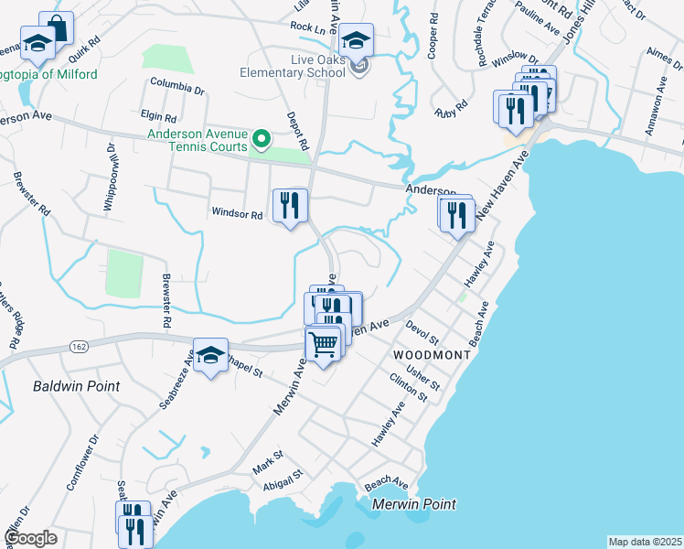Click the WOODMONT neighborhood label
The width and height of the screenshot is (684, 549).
click(x=432, y=354)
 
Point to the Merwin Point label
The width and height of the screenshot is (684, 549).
click(x=414, y=504)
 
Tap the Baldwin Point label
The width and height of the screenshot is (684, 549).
click(x=76, y=386)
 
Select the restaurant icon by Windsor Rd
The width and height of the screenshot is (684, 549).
click(x=290, y=205)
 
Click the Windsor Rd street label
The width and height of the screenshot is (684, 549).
click(x=237, y=214)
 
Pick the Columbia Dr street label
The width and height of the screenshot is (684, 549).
click(x=179, y=88)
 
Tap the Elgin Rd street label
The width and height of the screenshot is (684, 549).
click(x=158, y=117)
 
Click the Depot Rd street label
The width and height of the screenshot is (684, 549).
click(x=298, y=133)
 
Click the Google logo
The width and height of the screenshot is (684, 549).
click(x=30, y=538)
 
